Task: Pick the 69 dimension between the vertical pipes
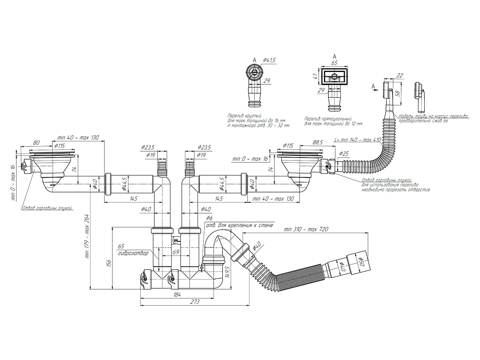175,252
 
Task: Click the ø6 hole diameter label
209,218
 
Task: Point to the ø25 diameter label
344,154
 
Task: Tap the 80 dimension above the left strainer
36,142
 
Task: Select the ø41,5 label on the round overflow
270,60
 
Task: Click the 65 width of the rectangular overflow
334,63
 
